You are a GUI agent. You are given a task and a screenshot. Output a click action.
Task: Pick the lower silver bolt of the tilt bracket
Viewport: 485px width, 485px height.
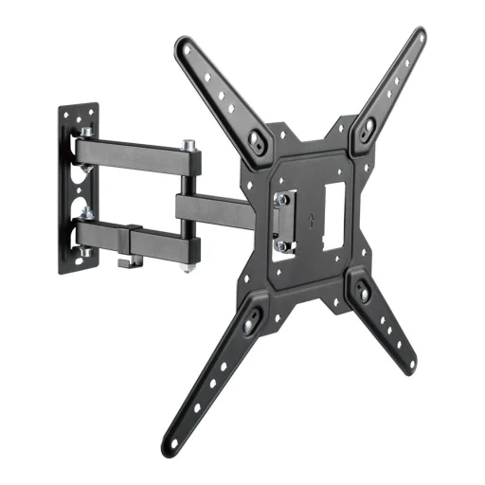click(280, 245)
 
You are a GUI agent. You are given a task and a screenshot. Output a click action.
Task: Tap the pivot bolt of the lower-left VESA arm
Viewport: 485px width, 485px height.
click(248, 324)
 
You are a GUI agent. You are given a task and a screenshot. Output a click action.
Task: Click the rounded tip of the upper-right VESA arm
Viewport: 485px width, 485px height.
click(419, 35)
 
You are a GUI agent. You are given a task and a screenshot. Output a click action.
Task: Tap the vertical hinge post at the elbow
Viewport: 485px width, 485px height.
click(189, 208)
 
